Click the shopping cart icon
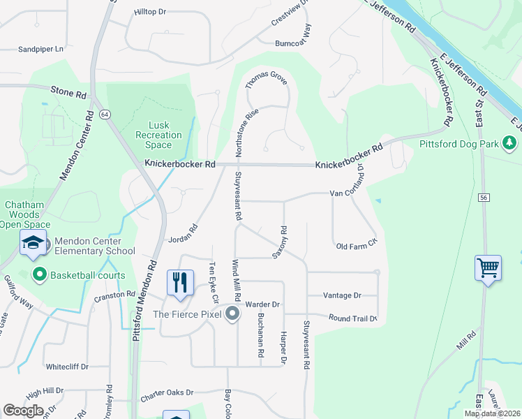tap(488, 267)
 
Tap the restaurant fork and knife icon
tap(180, 282)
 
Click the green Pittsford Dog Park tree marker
tap(510, 144)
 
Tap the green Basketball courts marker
tap(39, 275)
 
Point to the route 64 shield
tap(105, 115)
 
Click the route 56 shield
tap(483, 198)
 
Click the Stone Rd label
tap(68, 91)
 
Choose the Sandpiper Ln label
tap(40, 50)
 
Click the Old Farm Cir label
tap(356, 246)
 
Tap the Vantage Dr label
tap(342, 296)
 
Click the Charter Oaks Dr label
tap(166, 393)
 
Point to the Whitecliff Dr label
tap(67, 367)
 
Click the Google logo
tap(23, 411)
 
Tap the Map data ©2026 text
tap(491, 413)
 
